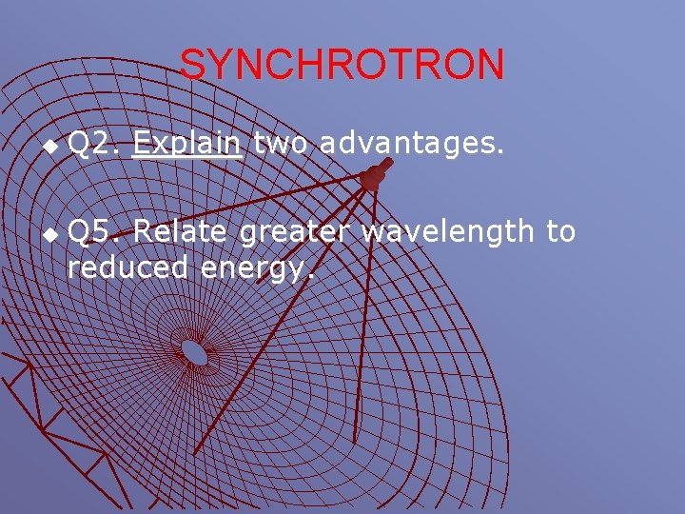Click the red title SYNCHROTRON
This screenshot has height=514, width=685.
pos(342,65)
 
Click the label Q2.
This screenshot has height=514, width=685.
pos(93,145)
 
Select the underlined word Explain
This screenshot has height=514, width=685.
pos(188,145)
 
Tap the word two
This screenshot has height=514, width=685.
pos(283,145)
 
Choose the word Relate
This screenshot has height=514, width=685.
pos(181,231)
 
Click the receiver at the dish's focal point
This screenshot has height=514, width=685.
pos(373,175)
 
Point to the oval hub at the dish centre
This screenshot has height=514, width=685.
pos(195,352)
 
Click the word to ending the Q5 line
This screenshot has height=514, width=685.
pos(561,231)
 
